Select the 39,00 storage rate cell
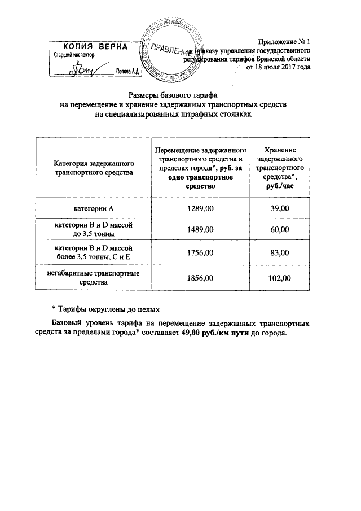tap(280, 208)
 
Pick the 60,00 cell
tap(280, 229)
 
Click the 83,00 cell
tap(280, 254)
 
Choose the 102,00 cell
tap(280, 278)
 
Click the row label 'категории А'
tap(94, 208)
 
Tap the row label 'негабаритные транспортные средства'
tap(94, 278)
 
